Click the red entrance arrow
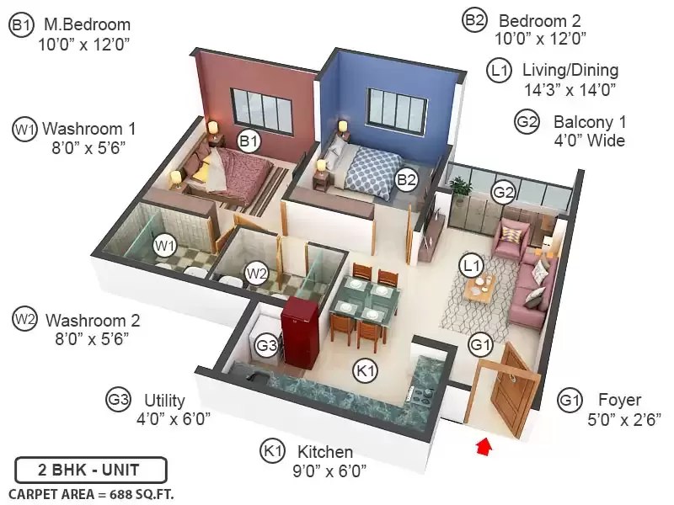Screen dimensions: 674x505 tap(484, 447)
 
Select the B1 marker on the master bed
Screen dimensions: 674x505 tap(249, 141)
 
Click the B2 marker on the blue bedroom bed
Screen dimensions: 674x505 tap(406, 179)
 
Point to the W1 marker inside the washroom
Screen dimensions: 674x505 tap(165, 246)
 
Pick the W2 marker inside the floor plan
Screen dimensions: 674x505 tap(256, 273)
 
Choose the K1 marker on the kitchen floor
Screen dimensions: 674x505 tap(366, 369)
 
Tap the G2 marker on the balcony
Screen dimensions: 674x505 tap(503, 192)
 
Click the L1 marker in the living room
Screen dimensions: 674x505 tap(472, 265)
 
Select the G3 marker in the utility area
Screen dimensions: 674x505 tap(266, 345)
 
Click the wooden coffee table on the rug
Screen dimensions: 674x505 tap(480, 286)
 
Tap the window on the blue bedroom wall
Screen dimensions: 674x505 tap(397, 109)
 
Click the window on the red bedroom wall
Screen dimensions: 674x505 tap(261, 109)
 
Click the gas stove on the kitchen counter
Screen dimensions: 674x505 tap(422, 394)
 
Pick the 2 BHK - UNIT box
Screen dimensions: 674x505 tap(91, 470)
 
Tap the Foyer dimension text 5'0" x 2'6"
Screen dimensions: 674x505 tap(623, 419)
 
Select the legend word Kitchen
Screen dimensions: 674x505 tap(325, 452)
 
